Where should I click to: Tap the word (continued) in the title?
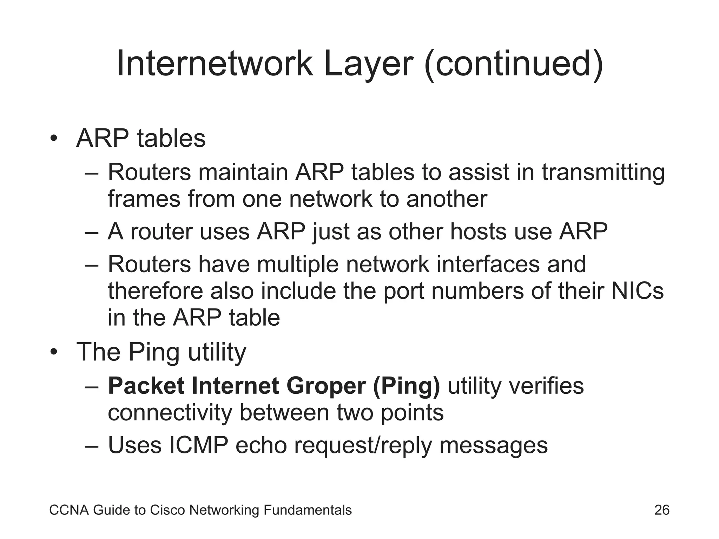514,64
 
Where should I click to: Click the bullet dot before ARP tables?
53,138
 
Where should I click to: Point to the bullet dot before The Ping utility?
53,352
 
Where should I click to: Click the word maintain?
243,172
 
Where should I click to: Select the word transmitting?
603,172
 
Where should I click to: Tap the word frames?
144,199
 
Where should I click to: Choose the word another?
447,199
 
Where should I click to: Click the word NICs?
638,291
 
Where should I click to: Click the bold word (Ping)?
406,386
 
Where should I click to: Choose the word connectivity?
170,413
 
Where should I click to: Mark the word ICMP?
198,445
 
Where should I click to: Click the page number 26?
662,510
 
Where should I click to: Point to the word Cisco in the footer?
168,510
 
